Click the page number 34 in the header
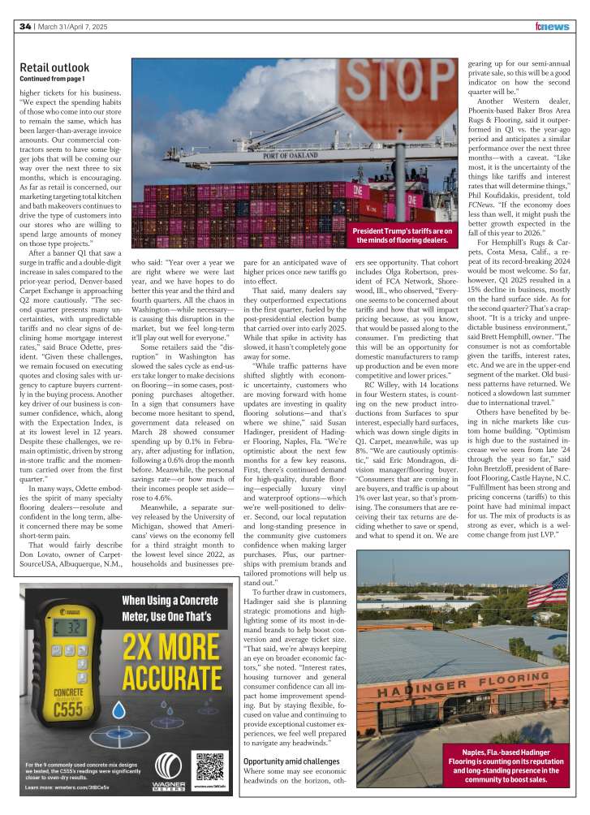25,27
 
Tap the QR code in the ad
210,765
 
